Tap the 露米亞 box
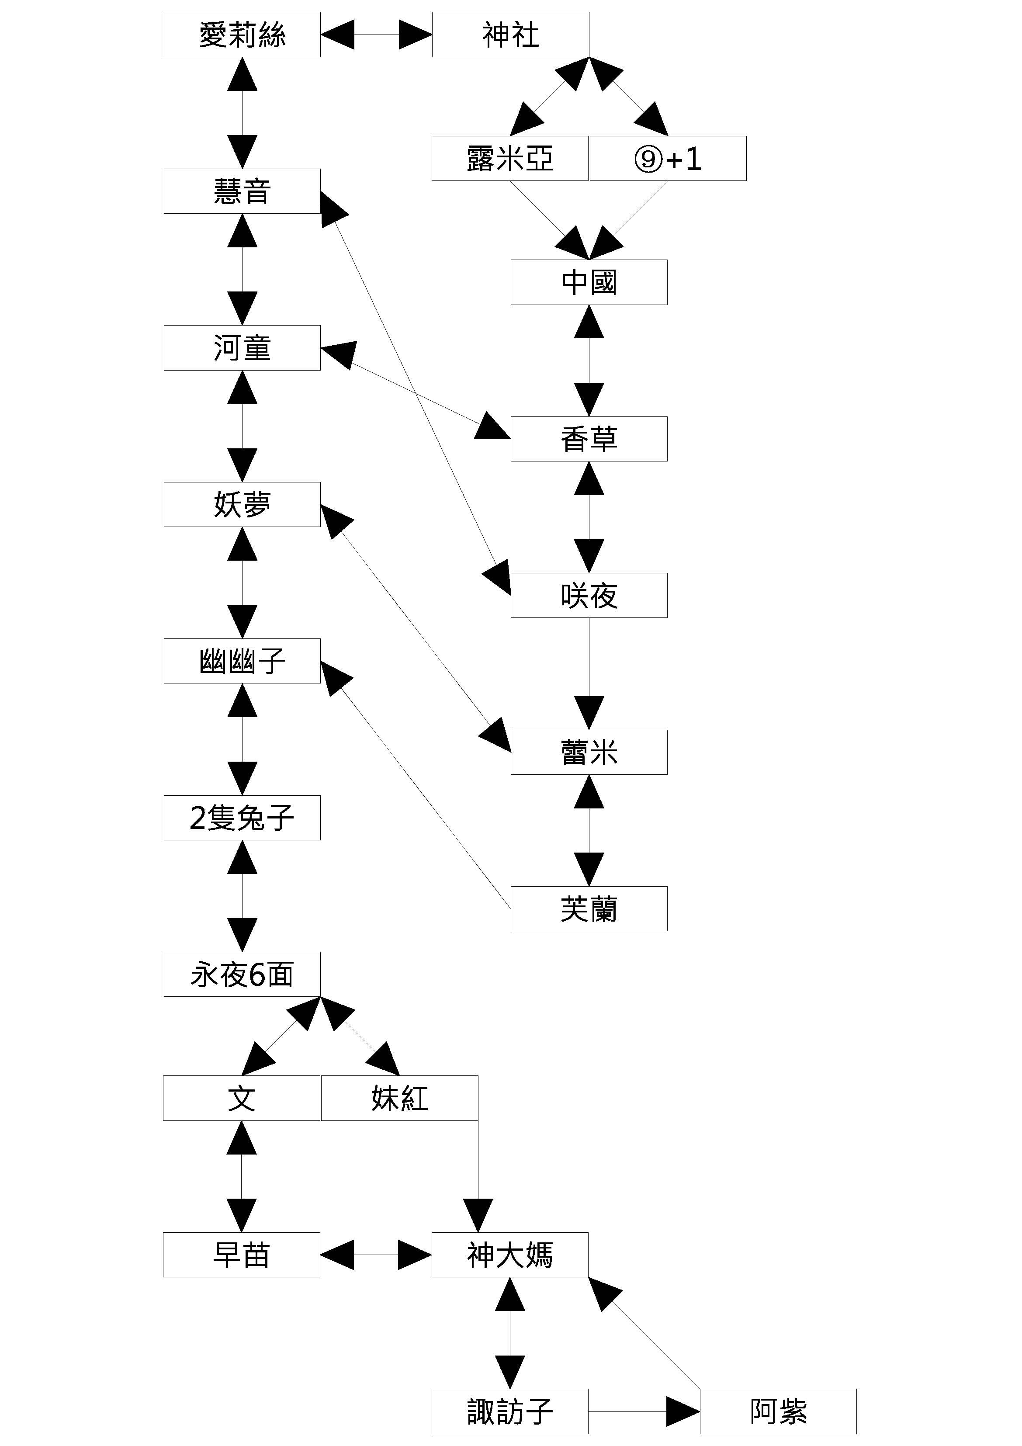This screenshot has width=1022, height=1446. coord(509,159)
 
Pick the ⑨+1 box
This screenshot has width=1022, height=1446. coord(668,159)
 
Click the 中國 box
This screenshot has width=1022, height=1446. coord(589,282)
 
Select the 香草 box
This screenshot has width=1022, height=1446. coord(589,439)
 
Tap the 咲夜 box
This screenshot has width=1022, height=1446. coord(589,595)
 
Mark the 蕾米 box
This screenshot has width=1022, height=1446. coord(589,752)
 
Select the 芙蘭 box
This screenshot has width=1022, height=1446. coord(589,909)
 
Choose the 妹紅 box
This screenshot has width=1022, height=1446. coord(399,1098)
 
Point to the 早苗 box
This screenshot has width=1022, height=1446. coord(241,1255)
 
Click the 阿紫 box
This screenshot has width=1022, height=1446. coord(778,1411)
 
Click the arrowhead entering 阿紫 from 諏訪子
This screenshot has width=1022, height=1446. coord(684,1411)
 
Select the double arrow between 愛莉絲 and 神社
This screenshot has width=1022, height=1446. coord(376,35)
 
